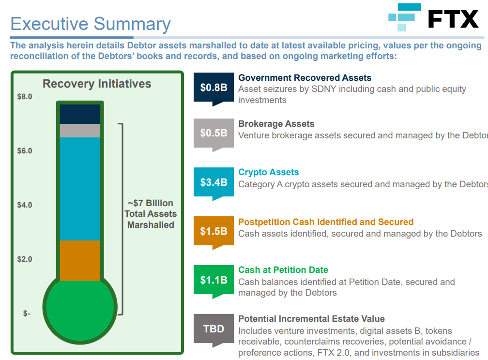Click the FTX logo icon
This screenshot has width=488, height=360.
tap(405, 17)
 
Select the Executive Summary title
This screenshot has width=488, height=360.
tap(91, 24)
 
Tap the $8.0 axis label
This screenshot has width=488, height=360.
tap(25, 97)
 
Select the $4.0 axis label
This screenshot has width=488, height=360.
tap(25, 205)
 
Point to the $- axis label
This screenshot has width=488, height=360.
tap(27, 314)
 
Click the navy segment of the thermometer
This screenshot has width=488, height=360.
tap(80, 114)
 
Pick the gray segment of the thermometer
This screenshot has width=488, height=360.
tap(80, 131)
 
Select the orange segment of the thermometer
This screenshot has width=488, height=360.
tap(80, 260)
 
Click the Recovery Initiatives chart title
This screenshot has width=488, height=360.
tap(97, 84)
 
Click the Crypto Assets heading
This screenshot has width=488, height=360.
tap(268, 172)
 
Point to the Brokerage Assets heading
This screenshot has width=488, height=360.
tap(276, 124)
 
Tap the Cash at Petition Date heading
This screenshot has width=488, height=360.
tap(283, 270)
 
